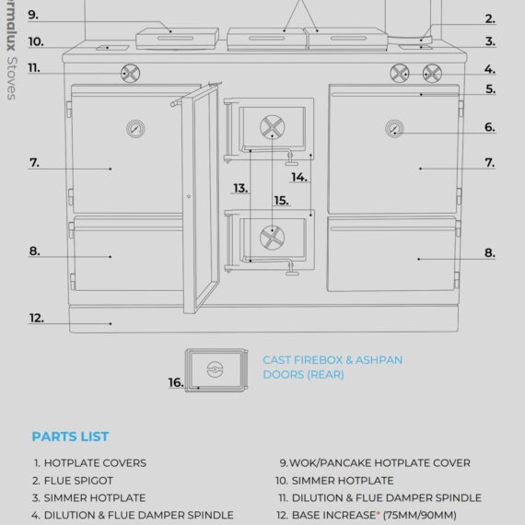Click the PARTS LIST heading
point(70,436)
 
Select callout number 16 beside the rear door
point(175,381)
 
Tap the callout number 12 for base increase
point(36,318)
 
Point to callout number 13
point(239,188)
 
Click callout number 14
point(299,177)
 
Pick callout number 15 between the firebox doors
point(281,200)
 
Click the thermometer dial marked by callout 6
point(394,128)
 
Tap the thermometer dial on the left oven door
point(135,128)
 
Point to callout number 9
point(33,15)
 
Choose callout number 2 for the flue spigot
point(490,18)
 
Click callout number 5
point(490,89)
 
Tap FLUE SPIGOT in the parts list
point(81,480)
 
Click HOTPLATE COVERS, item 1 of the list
point(96,463)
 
